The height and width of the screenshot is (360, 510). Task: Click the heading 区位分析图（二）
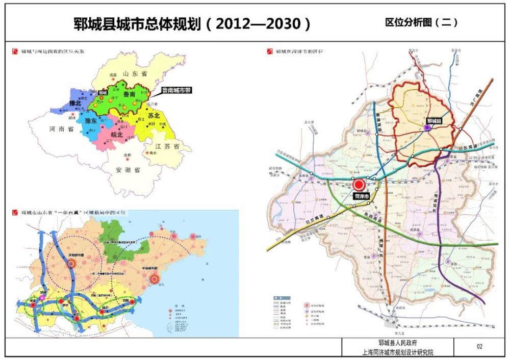(x=421, y=22)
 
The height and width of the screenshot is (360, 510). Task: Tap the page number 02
(x=479, y=347)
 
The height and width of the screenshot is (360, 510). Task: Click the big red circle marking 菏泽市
(x=359, y=185)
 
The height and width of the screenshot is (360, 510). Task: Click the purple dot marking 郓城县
(x=427, y=129)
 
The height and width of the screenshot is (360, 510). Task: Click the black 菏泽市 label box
(x=361, y=196)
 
